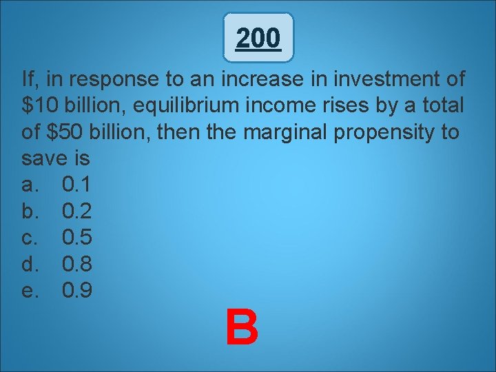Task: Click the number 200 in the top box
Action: pyautogui.click(x=258, y=39)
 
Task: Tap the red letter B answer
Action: pyautogui.click(x=242, y=328)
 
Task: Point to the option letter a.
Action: pyautogui.click(x=30, y=185)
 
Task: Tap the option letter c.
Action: pyautogui.click(x=30, y=238)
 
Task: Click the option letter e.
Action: pyautogui.click(x=30, y=290)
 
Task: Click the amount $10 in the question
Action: pyautogui.click(x=39, y=106)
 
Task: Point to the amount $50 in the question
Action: pyautogui.click(x=68, y=132)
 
